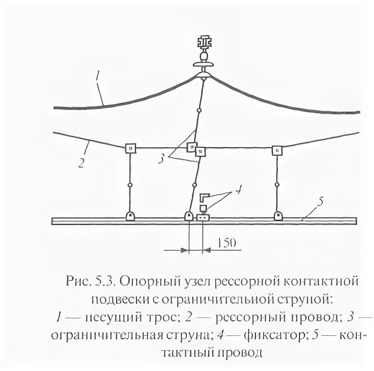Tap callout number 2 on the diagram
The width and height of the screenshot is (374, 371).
82,164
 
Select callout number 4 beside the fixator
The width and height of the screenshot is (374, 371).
237,191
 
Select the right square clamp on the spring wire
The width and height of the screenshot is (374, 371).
277,150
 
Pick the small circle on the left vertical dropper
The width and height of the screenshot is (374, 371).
130,184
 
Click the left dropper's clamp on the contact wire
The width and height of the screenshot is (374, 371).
130,216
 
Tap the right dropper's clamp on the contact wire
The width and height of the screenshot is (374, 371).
277,216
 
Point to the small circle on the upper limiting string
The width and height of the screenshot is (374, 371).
199,112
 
